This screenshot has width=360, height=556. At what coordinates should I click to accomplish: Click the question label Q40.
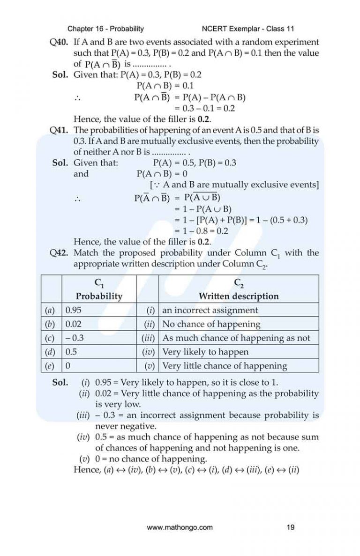[x=60, y=42]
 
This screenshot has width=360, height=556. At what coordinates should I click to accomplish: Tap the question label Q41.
[x=60, y=130]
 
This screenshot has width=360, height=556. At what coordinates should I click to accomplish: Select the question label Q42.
[x=60, y=253]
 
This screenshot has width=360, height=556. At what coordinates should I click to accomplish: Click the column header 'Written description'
[x=238, y=296]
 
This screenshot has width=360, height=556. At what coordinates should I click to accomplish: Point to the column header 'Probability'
[x=99, y=296]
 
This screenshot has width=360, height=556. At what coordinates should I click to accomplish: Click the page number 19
[x=290, y=527]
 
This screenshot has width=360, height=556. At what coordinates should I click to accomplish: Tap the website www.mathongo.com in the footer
[x=180, y=527]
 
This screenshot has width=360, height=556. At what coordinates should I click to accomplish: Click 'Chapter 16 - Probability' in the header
[x=105, y=29]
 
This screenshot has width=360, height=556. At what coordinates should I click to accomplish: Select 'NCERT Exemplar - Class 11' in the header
[x=247, y=29]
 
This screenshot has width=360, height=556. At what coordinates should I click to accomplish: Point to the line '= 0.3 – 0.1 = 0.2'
[x=204, y=108]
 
